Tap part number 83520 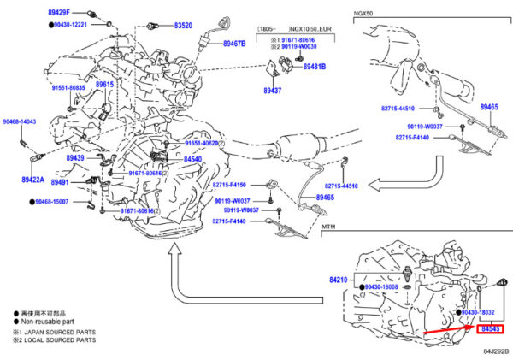(x=183, y=26)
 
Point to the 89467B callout (x=234, y=43)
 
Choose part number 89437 (x=272, y=91)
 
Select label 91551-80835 (x=68, y=87)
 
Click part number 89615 (x=104, y=85)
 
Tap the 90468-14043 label (x=19, y=123)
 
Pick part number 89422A (x=34, y=180)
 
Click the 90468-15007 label (x=62, y=202)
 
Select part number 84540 (x=192, y=159)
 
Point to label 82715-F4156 (x=229, y=185)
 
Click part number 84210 (x=339, y=279)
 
